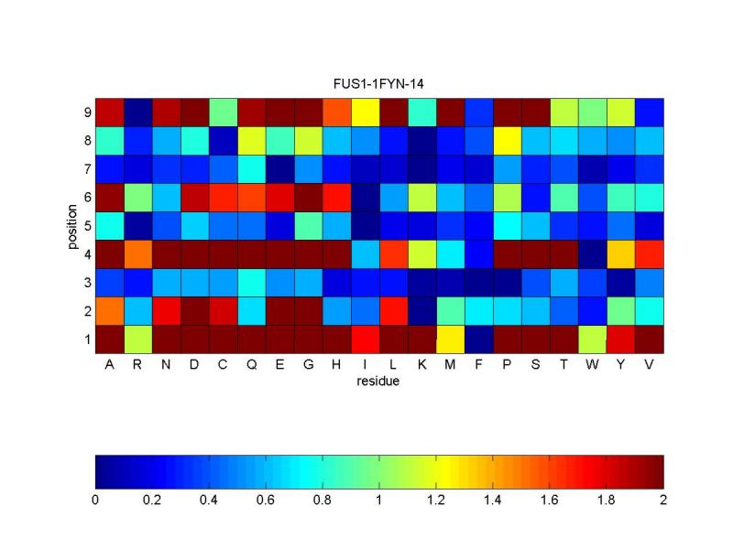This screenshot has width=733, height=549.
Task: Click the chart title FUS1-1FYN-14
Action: (379, 84)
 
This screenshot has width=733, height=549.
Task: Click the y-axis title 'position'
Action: (72, 225)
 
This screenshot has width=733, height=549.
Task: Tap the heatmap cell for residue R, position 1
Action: (137, 339)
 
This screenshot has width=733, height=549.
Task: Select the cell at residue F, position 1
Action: (478, 339)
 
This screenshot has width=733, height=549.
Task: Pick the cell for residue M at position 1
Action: (450, 339)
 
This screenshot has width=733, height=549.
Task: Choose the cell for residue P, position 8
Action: (507, 140)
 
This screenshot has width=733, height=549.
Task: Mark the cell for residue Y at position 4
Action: (620, 253)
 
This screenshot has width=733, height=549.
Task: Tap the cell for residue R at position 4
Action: (137, 253)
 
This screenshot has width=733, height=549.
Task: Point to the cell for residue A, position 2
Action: (109, 310)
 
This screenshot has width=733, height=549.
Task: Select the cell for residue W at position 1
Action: (592, 339)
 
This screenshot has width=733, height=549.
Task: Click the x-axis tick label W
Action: (592, 364)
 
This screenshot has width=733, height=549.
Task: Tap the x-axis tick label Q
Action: (251, 364)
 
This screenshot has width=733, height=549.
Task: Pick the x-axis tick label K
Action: (421, 364)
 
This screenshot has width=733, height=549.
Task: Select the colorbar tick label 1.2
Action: (436, 501)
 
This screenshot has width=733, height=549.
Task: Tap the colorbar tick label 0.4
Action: (209, 501)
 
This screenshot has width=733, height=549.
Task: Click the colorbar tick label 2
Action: (662, 501)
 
